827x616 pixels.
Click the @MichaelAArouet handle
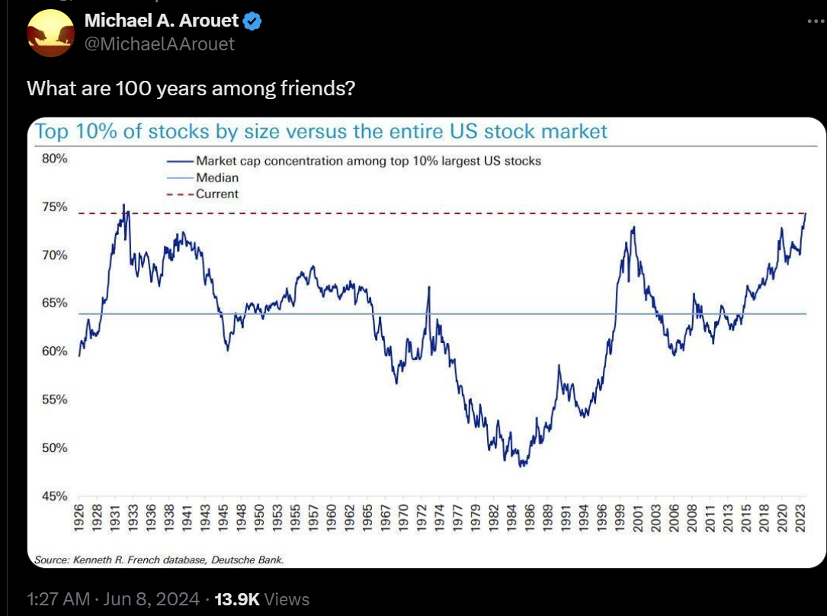pos(159,44)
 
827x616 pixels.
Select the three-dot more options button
pos(816,22)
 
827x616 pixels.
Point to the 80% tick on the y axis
pos(54,159)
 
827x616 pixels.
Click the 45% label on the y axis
pos(54,496)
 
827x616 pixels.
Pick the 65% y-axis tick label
pos(54,303)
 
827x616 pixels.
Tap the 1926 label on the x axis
pos(79,519)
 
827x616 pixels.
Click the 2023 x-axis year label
pos(801,519)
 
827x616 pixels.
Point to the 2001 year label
pos(636,519)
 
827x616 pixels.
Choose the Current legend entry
pos(217,194)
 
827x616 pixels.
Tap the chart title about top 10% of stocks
pos(321,131)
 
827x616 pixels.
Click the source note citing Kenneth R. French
pos(159,560)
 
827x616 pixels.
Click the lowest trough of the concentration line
pos(522,464)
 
